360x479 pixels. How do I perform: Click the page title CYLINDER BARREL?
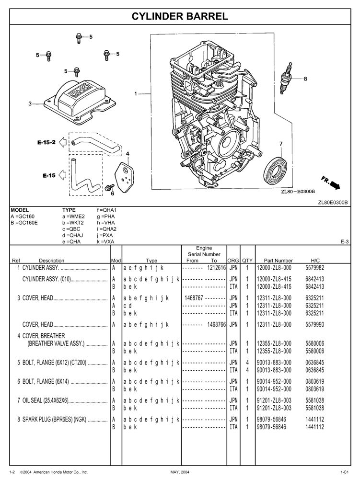point(180,17)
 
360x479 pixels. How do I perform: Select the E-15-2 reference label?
point(46,142)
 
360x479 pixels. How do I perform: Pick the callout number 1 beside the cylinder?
point(136,94)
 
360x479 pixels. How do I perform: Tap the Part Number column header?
point(275,261)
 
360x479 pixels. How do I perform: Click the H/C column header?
point(315,261)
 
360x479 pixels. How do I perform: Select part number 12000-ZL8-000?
point(274,267)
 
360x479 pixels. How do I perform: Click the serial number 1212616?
point(216,267)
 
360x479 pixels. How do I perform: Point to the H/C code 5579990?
point(315,324)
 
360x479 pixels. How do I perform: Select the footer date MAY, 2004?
point(181,473)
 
